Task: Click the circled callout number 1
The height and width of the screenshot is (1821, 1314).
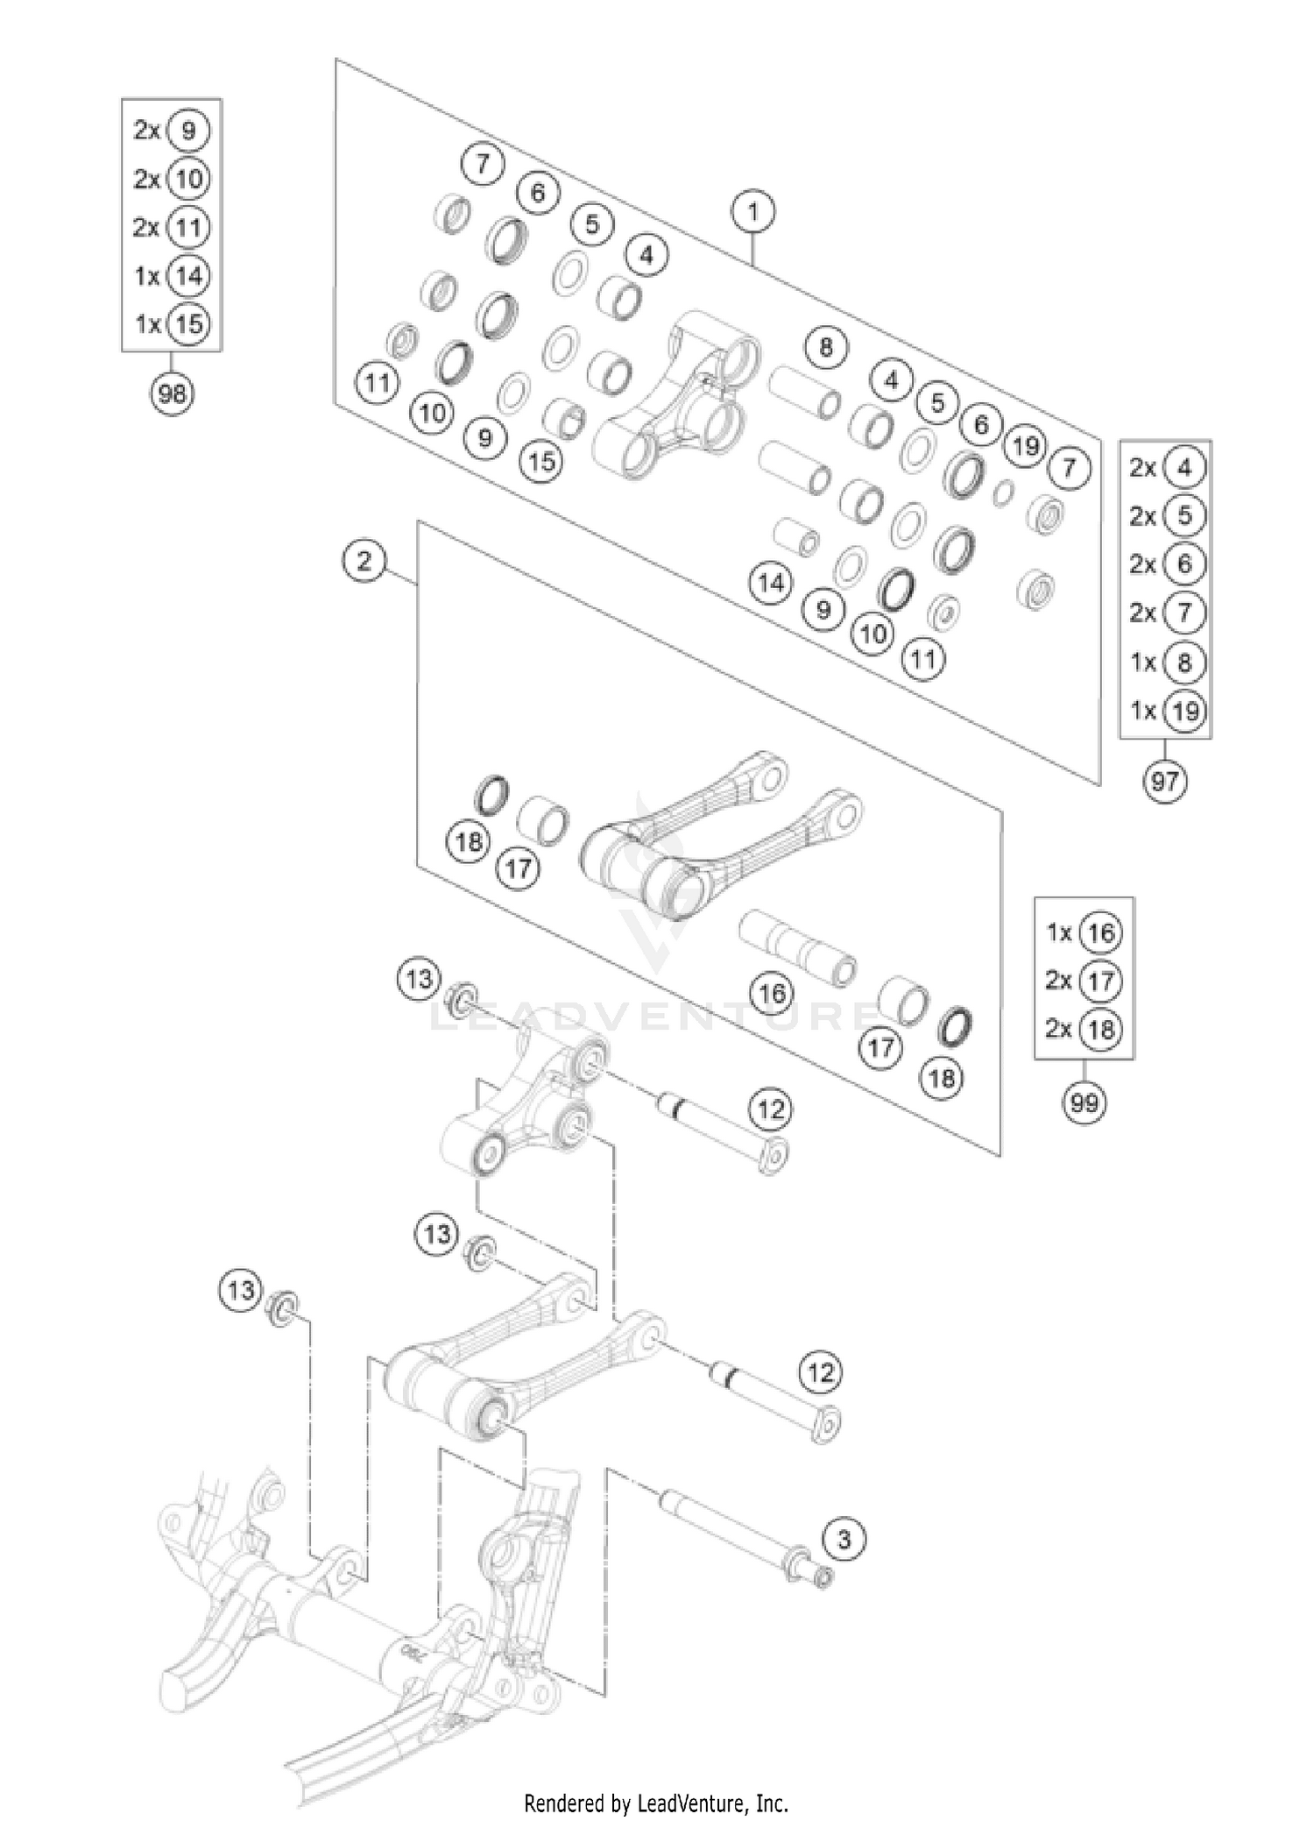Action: tap(753, 212)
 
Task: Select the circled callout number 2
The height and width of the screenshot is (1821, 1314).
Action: tap(364, 560)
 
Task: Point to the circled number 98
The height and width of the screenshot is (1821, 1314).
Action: tap(172, 393)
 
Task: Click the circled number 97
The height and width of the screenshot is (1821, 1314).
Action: tap(1165, 780)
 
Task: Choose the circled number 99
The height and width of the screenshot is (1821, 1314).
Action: tap(1084, 1102)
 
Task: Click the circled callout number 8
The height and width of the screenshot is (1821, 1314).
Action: tap(826, 348)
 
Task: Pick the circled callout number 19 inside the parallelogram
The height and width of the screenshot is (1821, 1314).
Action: tap(1025, 446)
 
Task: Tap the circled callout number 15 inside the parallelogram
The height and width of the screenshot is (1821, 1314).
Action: tap(542, 460)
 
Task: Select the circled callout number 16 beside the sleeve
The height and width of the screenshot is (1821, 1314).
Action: tap(772, 993)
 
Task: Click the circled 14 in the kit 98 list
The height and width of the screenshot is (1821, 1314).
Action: tap(188, 276)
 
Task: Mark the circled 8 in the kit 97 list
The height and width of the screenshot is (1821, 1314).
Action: tap(1184, 662)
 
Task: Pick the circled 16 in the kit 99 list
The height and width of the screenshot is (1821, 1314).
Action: tap(1100, 932)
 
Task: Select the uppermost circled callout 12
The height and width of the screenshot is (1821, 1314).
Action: tap(770, 1110)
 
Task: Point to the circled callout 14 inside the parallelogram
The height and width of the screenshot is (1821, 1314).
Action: tap(771, 583)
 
